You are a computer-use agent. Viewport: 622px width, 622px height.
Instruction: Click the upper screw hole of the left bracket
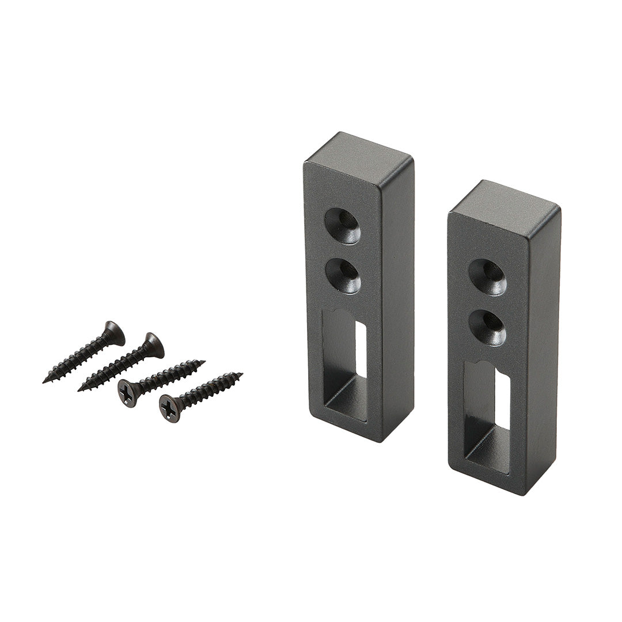343,225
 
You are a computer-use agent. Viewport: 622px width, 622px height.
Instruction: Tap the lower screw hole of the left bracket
343,275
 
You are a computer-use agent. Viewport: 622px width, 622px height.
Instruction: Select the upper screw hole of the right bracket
487,277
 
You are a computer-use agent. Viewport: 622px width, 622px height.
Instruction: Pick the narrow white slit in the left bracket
361,349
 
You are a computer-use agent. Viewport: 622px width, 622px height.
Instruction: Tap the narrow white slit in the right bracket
502,398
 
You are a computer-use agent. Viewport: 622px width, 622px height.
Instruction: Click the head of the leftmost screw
114,333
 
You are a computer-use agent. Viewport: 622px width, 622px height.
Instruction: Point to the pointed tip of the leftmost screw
45,381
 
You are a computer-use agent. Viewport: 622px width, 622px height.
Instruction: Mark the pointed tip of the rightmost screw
241,374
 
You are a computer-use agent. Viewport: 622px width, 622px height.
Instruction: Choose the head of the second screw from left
153,344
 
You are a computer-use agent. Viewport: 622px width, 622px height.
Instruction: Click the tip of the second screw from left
80,390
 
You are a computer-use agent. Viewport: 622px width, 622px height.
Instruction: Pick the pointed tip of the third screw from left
203,362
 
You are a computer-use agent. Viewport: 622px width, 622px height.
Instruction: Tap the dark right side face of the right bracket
544,346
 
